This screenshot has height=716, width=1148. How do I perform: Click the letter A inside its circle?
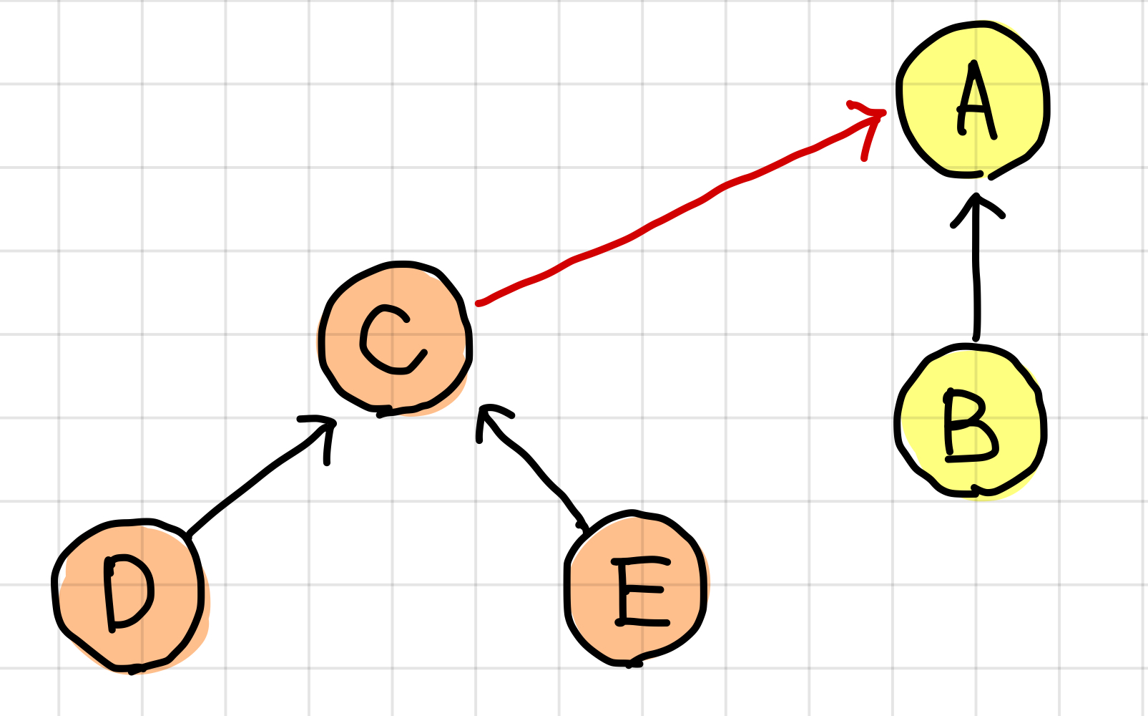point(976,100)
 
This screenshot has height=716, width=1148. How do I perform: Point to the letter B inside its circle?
point(969,426)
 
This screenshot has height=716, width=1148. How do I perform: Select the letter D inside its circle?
point(129,592)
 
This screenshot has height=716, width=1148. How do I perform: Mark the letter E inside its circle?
point(639,591)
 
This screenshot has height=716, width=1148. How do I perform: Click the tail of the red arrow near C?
point(481,303)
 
